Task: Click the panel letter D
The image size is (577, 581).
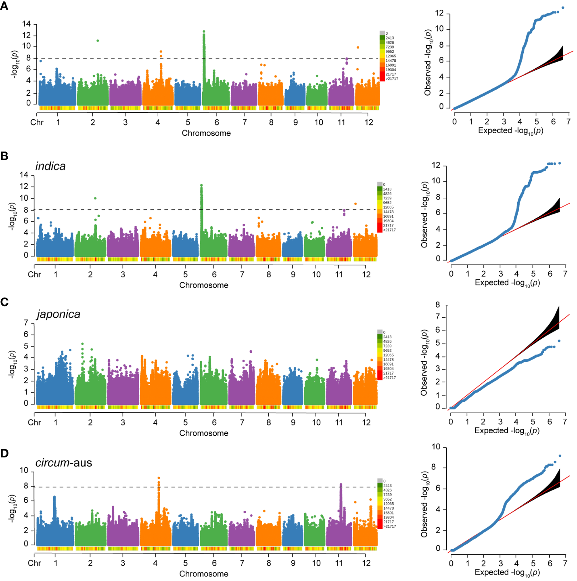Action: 4,453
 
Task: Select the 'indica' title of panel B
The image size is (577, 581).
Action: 50,166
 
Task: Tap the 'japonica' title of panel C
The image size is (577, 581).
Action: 59,314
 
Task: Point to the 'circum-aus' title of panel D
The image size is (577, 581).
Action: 64,463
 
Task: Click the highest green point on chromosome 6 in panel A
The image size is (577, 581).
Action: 204,31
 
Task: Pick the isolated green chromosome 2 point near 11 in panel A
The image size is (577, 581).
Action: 98,41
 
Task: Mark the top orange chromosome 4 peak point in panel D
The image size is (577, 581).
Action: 159,478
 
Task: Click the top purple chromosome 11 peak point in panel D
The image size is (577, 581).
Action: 341,485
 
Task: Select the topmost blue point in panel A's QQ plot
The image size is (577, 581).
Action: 563,8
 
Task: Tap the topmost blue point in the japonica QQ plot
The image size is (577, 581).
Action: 559,341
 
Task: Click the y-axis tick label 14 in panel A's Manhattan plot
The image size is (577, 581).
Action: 26,24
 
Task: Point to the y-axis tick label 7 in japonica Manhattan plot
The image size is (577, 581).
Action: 26,323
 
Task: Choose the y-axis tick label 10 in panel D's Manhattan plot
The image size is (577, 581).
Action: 24,470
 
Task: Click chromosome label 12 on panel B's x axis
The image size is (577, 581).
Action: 366,275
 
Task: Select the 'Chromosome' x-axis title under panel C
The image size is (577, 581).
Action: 204,433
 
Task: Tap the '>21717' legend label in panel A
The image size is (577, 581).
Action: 392,79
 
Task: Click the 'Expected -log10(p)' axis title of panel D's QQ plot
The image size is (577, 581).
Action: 507,573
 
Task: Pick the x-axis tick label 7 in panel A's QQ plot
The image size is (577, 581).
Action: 568,122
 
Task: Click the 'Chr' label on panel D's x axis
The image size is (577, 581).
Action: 34,563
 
